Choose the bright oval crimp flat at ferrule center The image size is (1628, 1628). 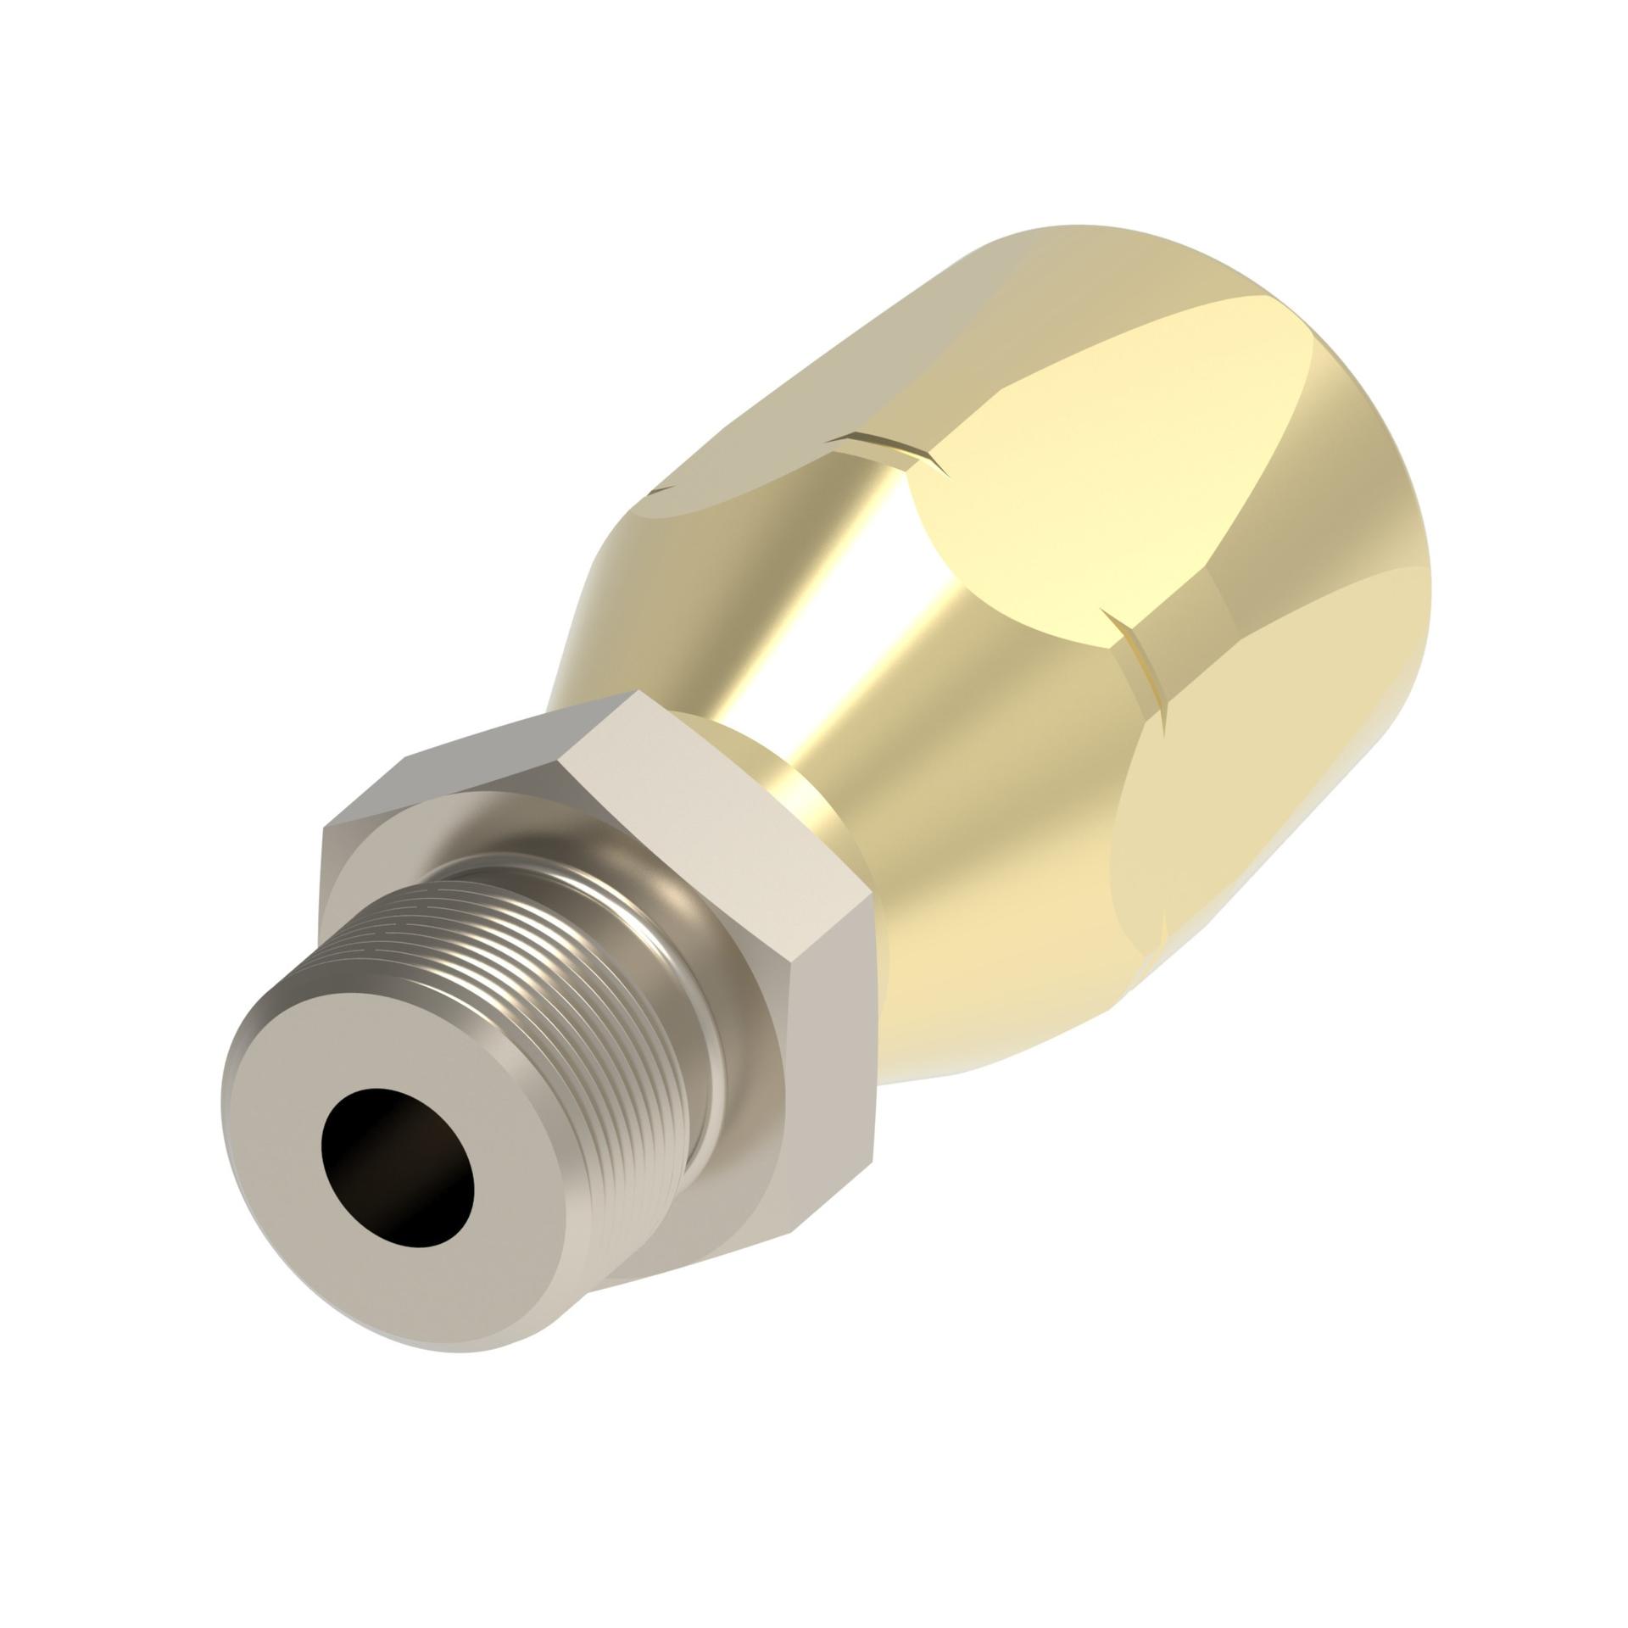pyautogui.click(x=1102, y=475)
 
